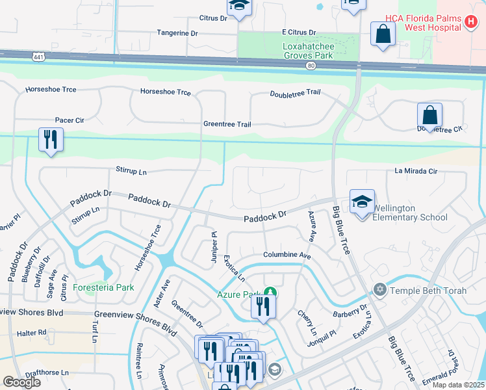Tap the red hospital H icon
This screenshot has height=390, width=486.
(x=471, y=22)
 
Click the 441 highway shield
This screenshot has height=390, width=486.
(x=36, y=57)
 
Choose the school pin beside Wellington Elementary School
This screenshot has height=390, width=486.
(x=362, y=201)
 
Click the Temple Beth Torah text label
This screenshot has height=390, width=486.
(x=427, y=291)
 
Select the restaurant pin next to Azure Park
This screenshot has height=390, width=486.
(x=263, y=305)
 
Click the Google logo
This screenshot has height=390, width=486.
(x=21, y=382)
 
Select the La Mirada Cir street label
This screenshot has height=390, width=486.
(x=416, y=171)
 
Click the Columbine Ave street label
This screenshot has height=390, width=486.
(x=287, y=255)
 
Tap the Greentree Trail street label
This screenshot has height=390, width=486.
(x=227, y=124)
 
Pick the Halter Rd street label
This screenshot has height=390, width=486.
(x=32, y=332)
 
